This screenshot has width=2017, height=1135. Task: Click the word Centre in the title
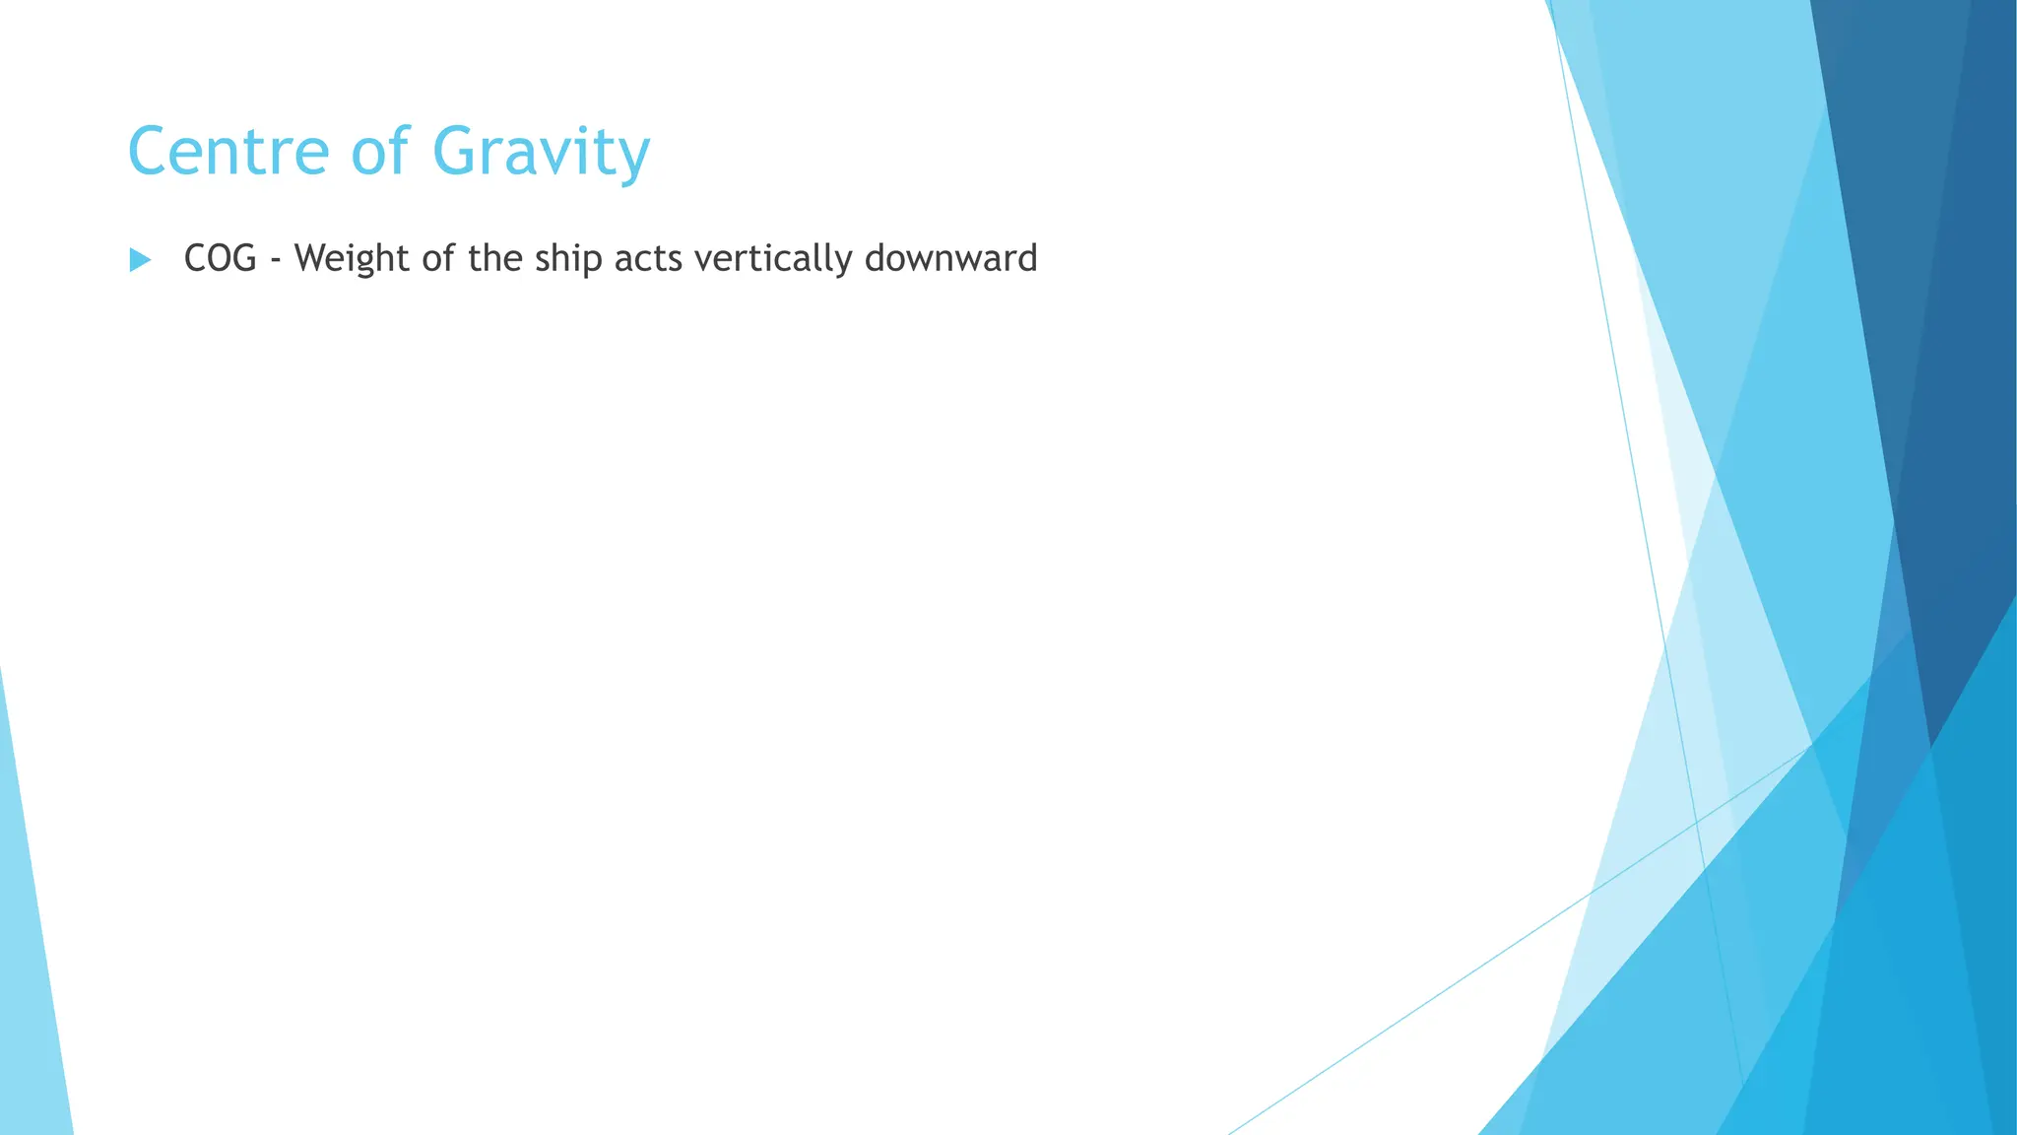pos(228,152)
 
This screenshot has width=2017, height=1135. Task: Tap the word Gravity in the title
pos(541,154)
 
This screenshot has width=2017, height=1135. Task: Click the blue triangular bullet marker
pos(140,260)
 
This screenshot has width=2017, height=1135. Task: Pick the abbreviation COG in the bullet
pos(221,259)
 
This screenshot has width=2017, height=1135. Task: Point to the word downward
pos(950,258)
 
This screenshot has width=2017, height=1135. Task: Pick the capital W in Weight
pos(312,258)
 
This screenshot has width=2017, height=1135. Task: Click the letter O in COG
pos(221,259)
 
